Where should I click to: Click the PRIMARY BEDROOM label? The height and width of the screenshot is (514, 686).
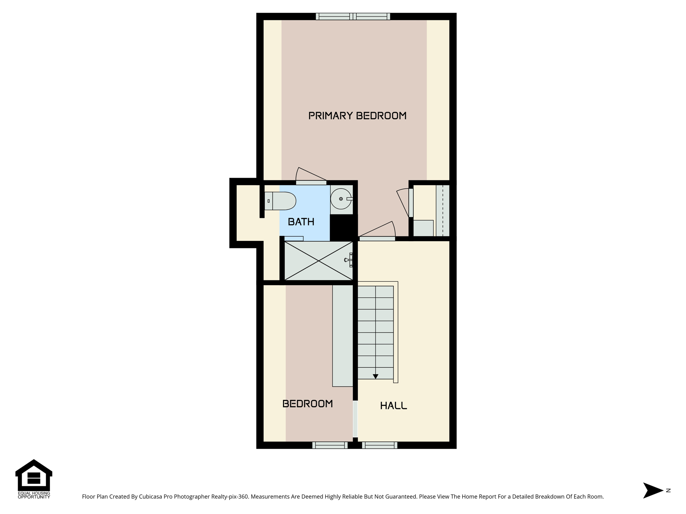(357, 116)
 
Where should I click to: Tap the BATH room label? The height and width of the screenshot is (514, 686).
(301, 222)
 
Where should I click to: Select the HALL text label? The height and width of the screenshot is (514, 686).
(394, 406)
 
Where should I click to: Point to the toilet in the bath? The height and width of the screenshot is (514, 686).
(280, 201)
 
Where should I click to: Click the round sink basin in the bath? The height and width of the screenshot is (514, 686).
(341, 199)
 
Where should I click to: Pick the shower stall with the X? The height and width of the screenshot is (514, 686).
(319, 261)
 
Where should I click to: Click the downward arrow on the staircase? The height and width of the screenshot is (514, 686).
(375, 376)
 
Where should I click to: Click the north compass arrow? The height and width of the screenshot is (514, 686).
(653, 491)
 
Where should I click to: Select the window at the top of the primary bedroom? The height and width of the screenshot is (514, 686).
(353, 16)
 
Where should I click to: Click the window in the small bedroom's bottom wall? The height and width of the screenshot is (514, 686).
(330, 445)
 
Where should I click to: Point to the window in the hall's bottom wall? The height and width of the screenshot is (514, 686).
(380, 445)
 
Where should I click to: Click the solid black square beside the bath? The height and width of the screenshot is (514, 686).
(344, 228)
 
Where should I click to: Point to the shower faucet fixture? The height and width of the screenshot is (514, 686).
(349, 260)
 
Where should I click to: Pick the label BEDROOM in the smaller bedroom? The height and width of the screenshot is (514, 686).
(307, 404)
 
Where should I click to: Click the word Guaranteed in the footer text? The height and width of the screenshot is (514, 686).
(400, 497)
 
